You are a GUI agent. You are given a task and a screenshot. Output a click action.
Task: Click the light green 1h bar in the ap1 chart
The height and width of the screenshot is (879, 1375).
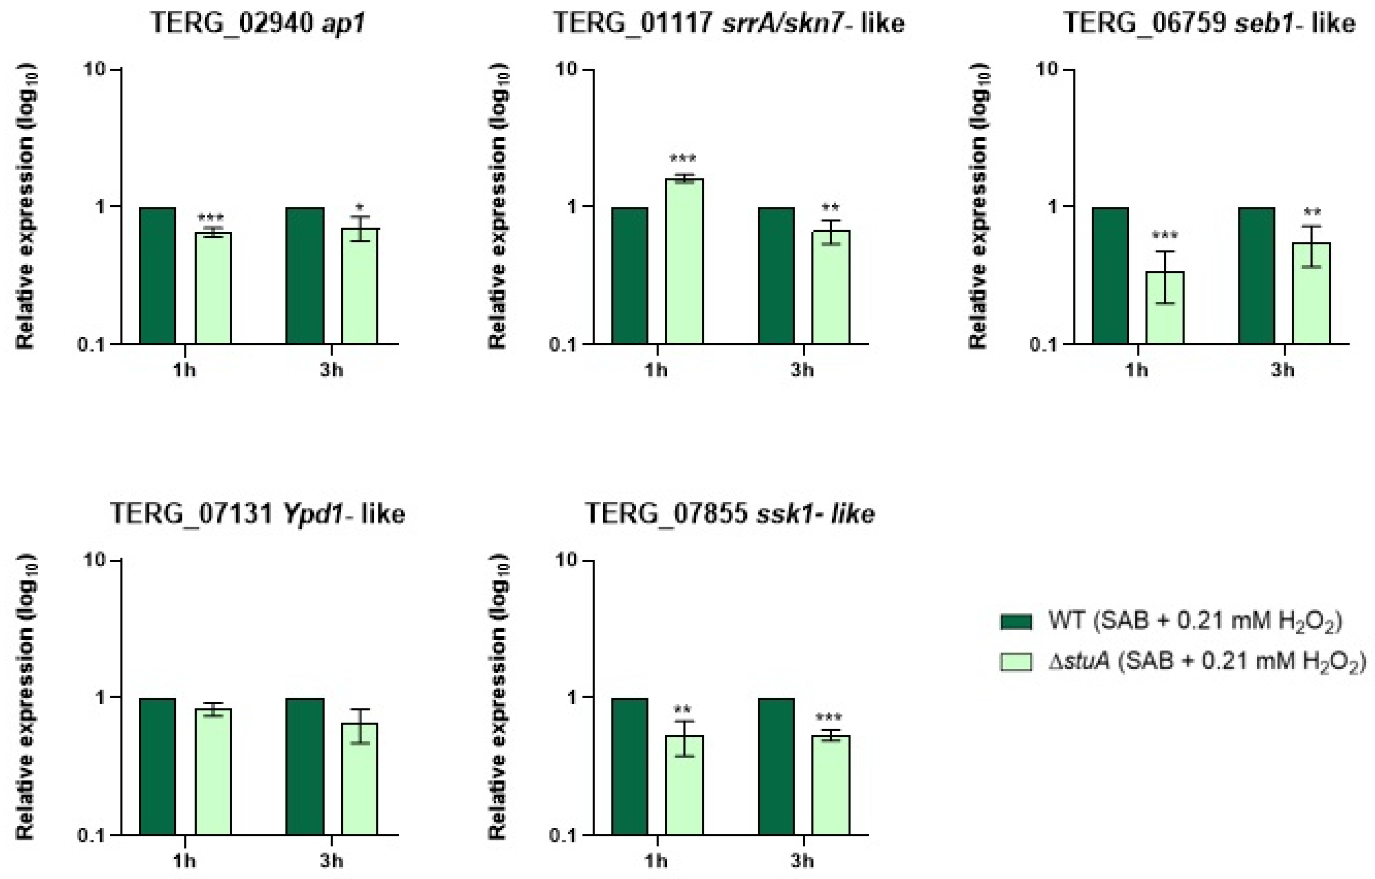point(213,288)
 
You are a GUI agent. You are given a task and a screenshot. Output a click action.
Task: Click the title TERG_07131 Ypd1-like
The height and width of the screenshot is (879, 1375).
point(257,514)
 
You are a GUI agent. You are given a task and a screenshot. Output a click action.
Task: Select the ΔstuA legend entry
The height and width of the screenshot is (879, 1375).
point(1182,662)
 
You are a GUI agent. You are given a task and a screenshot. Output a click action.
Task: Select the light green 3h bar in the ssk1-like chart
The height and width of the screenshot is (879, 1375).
point(831,785)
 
